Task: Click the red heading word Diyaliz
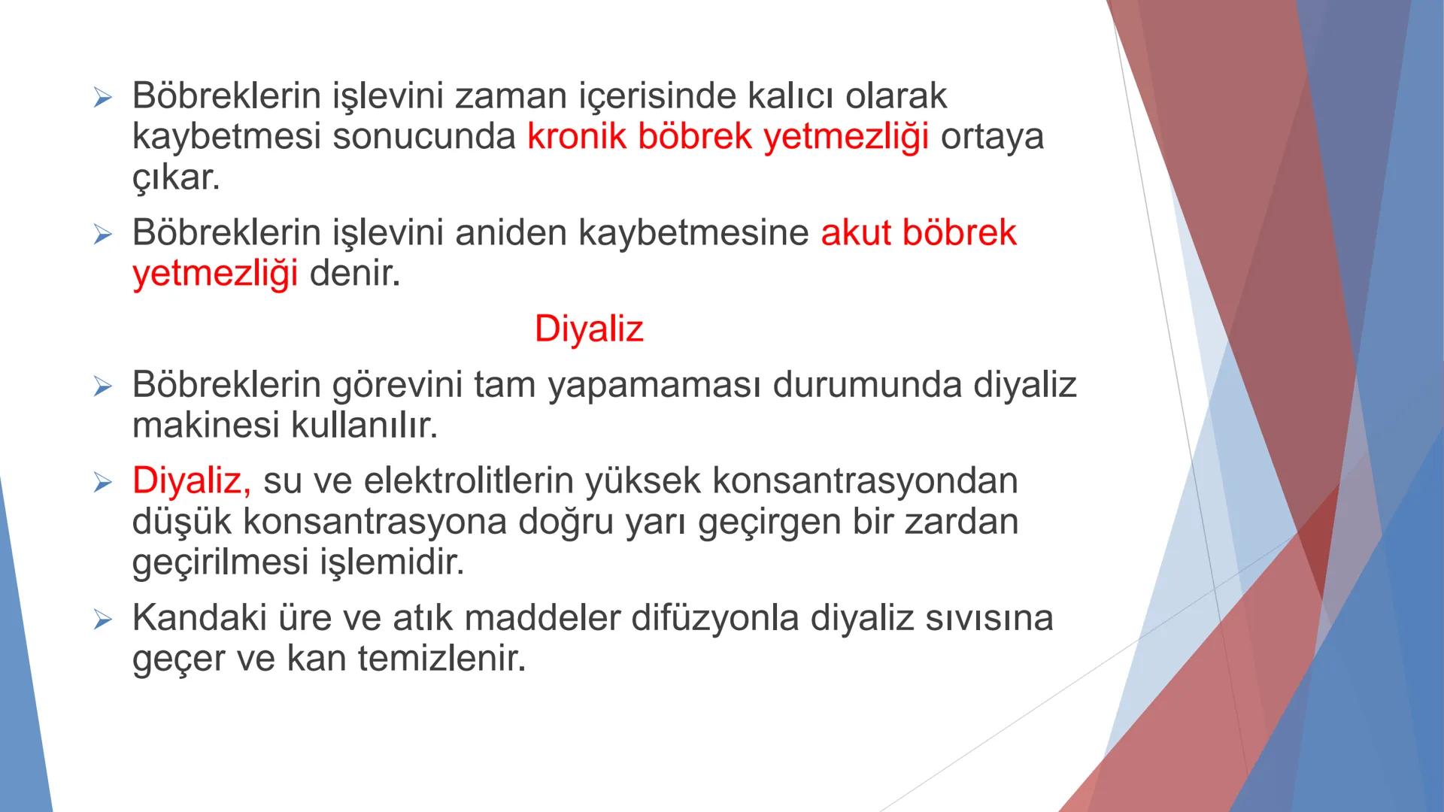[x=589, y=329]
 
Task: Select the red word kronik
[x=576, y=137]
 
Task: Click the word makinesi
[x=205, y=426]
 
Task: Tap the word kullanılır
[x=364, y=426]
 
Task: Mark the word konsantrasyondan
[x=865, y=481]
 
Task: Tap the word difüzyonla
[x=714, y=618]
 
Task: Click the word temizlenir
[x=441, y=659]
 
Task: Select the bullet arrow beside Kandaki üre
[x=102, y=620]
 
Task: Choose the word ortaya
[x=992, y=137]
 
